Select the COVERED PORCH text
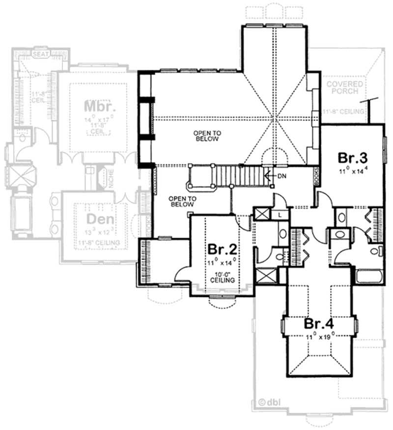[345, 87]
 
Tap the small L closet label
[279, 215]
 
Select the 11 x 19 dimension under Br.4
[319, 337]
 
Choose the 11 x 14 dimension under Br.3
[352, 171]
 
